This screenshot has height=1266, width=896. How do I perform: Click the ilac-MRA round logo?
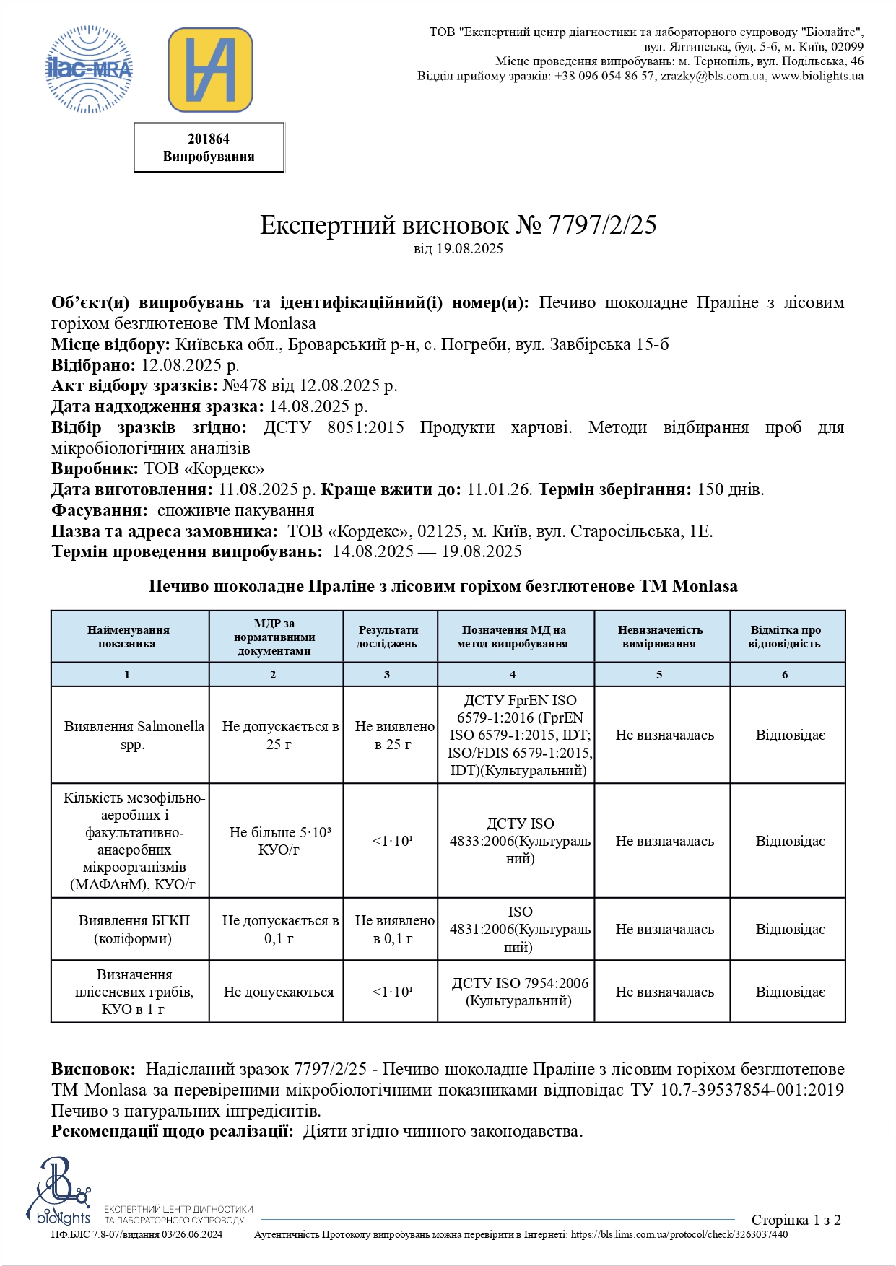pyautogui.click(x=89, y=69)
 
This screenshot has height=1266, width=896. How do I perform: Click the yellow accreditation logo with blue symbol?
pyautogui.click(x=210, y=70)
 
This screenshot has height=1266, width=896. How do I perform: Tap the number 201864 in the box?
pyautogui.click(x=209, y=139)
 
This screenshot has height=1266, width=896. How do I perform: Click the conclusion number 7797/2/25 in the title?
pyautogui.click(x=602, y=225)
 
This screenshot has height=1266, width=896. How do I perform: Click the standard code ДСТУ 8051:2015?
pyautogui.click(x=334, y=427)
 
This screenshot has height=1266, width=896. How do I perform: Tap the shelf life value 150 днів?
pyautogui.click(x=730, y=489)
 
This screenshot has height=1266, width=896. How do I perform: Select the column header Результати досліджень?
pyautogui.click(x=388, y=637)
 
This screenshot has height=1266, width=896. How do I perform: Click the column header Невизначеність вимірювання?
pyautogui.click(x=660, y=637)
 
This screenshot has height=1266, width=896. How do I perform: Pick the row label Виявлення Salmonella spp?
pyautogui.click(x=134, y=735)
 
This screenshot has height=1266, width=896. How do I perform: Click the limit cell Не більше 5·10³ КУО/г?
pyautogui.click(x=279, y=841)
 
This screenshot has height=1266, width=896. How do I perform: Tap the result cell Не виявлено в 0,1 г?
pyautogui.click(x=393, y=930)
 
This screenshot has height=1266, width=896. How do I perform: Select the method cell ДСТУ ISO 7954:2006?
pyautogui.click(x=519, y=992)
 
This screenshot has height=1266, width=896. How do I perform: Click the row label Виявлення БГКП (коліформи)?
pyautogui.click(x=134, y=930)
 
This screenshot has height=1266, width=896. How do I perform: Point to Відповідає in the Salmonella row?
pyautogui.click(x=790, y=735)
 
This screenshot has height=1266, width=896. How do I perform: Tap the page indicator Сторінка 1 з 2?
pyautogui.click(x=796, y=1221)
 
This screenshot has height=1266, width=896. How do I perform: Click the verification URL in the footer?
pyautogui.click(x=679, y=1235)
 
